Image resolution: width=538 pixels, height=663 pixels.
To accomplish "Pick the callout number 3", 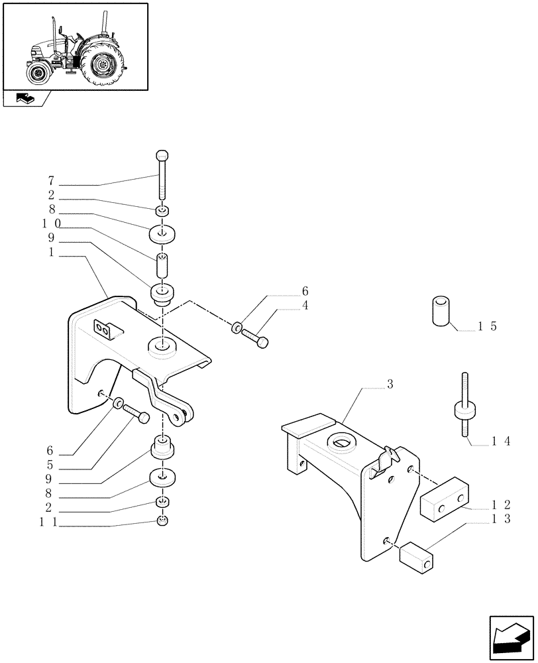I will pyautogui.click(x=391, y=385).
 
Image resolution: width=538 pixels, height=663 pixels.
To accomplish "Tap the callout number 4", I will pyautogui.click(x=305, y=306).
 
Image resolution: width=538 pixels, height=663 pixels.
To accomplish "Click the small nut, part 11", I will pyautogui.click(x=163, y=521).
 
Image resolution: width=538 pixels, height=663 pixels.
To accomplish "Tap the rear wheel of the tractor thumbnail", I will pyautogui.click(x=102, y=64).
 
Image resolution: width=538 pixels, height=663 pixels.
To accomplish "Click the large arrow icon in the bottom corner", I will pyautogui.click(x=510, y=638).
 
